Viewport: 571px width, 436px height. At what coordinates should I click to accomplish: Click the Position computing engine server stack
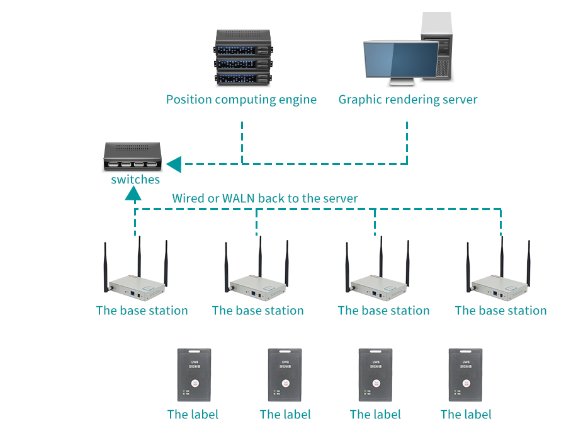point(243,57)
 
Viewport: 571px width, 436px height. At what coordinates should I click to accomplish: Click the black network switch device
point(133,156)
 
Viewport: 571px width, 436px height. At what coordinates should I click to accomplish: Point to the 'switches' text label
point(135,180)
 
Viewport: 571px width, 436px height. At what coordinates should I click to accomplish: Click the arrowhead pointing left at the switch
point(174,164)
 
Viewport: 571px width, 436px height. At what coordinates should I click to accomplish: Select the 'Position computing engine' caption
point(241,100)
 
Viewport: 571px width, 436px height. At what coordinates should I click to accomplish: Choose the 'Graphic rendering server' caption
point(408,100)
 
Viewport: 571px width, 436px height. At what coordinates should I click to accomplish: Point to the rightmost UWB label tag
point(466,375)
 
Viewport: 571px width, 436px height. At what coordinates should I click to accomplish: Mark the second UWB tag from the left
point(285,375)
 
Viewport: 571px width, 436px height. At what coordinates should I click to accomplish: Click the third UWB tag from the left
point(375,375)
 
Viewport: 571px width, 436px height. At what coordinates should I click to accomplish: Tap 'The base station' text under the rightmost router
point(500,311)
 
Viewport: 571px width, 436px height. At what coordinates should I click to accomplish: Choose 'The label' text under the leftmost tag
point(193,415)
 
